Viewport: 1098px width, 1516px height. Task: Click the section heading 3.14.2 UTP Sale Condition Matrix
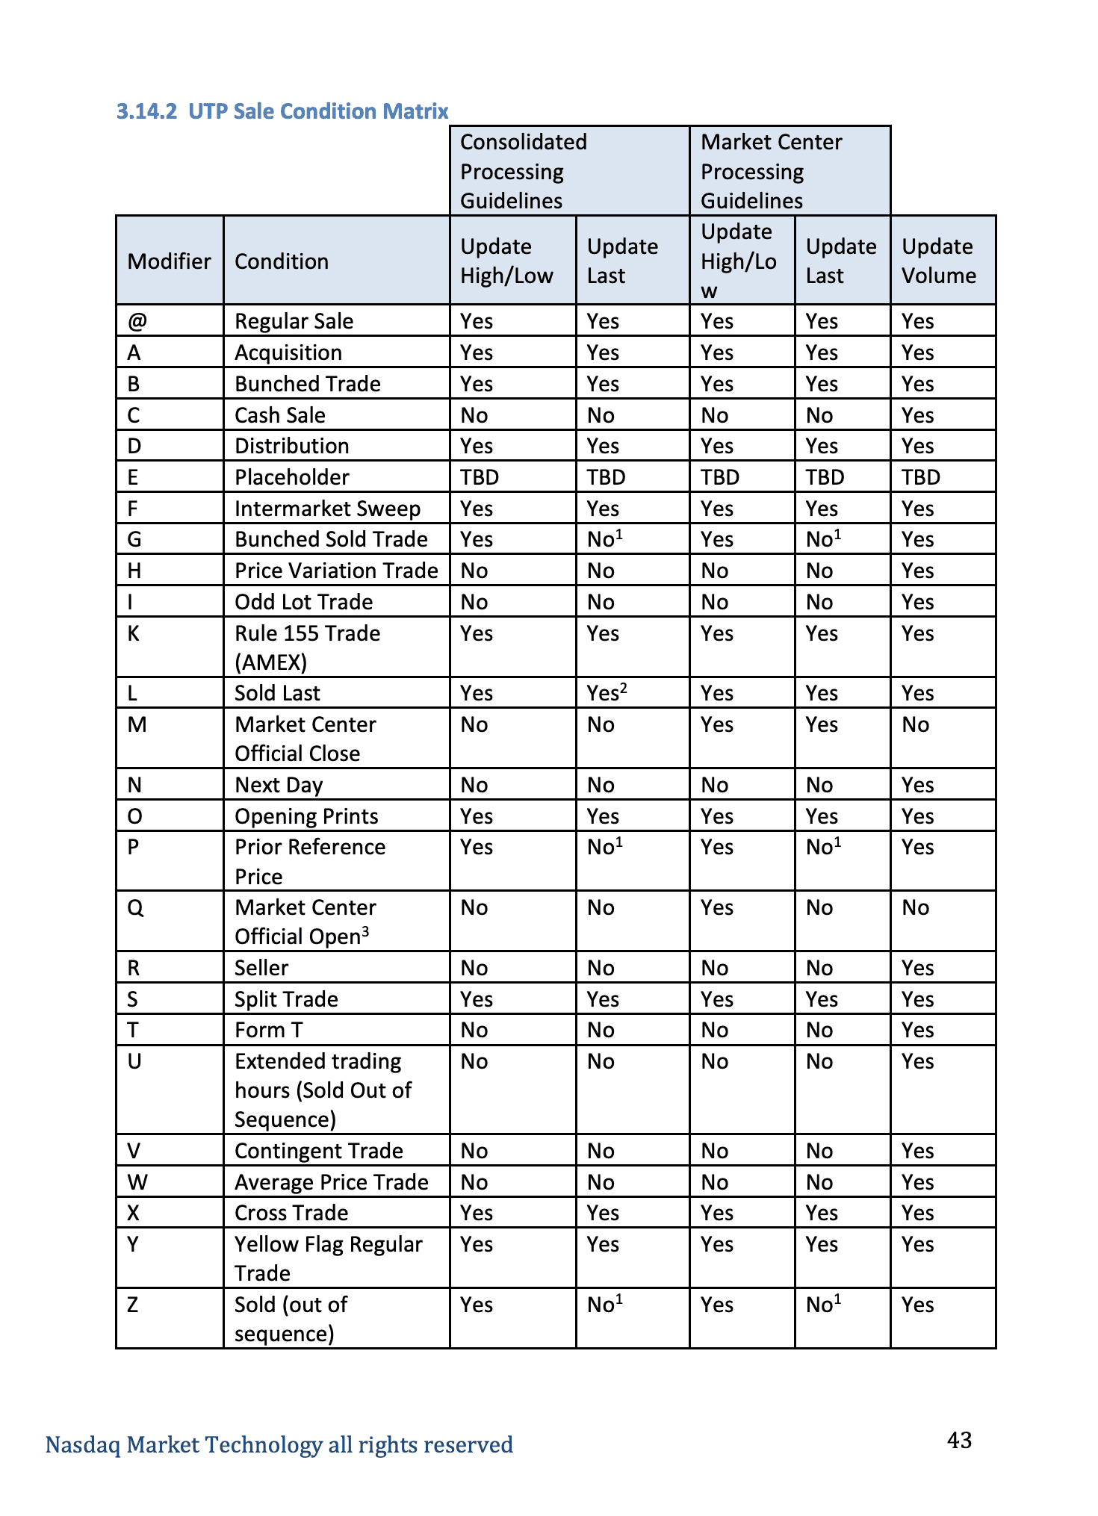(x=282, y=111)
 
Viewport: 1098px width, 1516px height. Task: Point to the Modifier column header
(x=170, y=261)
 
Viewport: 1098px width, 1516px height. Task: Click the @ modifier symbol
(x=137, y=321)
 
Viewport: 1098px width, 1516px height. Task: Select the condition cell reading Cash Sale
(x=280, y=415)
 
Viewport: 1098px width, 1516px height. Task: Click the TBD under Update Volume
(x=920, y=477)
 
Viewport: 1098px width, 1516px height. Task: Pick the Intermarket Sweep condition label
(x=327, y=509)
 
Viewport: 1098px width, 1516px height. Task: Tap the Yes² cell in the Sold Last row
(x=607, y=693)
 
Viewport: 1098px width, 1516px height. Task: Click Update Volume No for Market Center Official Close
(x=915, y=724)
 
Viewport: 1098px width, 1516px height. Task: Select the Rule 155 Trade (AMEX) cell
(x=307, y=647)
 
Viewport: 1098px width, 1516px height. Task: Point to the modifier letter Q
(x=135, y=908)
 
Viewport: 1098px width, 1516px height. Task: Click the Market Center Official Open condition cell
(x=305, y=922)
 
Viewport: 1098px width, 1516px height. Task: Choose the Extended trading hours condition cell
(x=323, y=1090)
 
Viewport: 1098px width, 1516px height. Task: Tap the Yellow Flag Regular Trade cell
(x=328, y=1258)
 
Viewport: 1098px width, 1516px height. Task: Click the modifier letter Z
(x=132, y=1305)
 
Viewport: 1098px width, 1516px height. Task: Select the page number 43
(x=959, y=1439)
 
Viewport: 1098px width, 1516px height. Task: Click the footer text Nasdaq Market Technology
(x=279, y=1444)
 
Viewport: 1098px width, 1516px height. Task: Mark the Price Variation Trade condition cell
(x=336, y=571)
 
